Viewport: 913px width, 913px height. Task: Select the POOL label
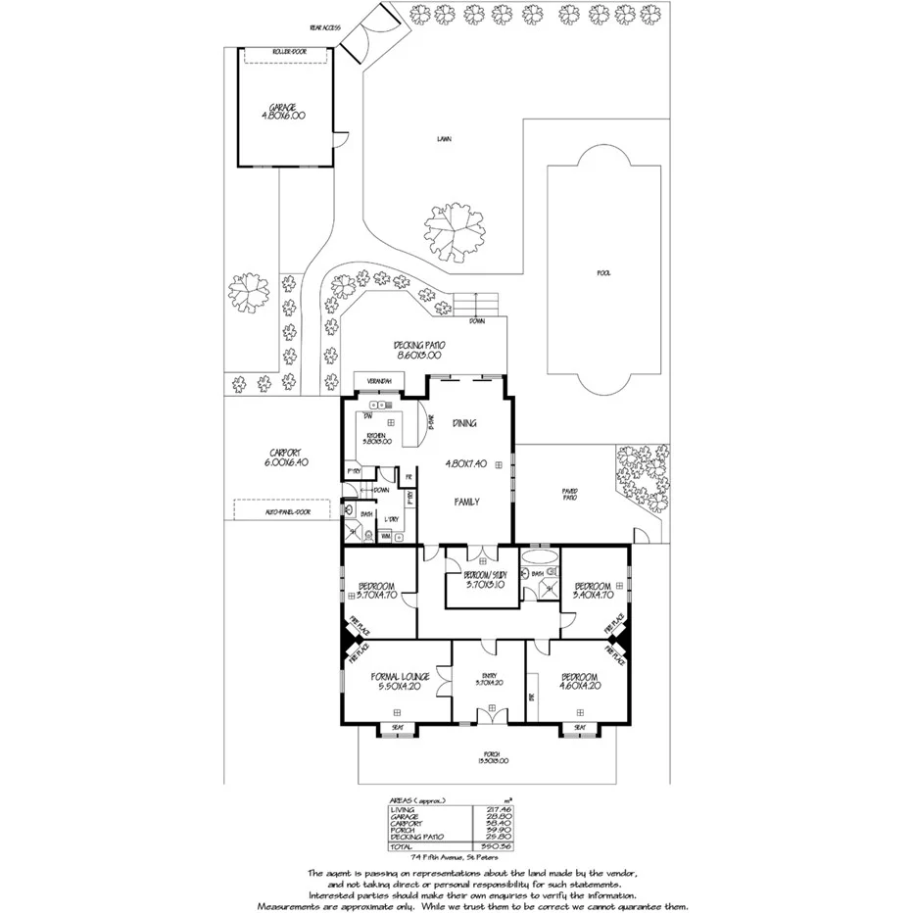[x=603, y=273]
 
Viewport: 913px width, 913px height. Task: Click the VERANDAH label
[x=379, y=380]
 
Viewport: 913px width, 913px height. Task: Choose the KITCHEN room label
[x=375, y=439]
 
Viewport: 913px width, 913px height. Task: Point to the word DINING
[x=464, y=423]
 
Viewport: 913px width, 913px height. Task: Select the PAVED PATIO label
[x=569, y=494]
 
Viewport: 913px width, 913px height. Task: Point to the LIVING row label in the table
[x=403, y=809]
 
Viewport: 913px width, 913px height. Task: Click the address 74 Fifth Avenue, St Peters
[x=456, y=858]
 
